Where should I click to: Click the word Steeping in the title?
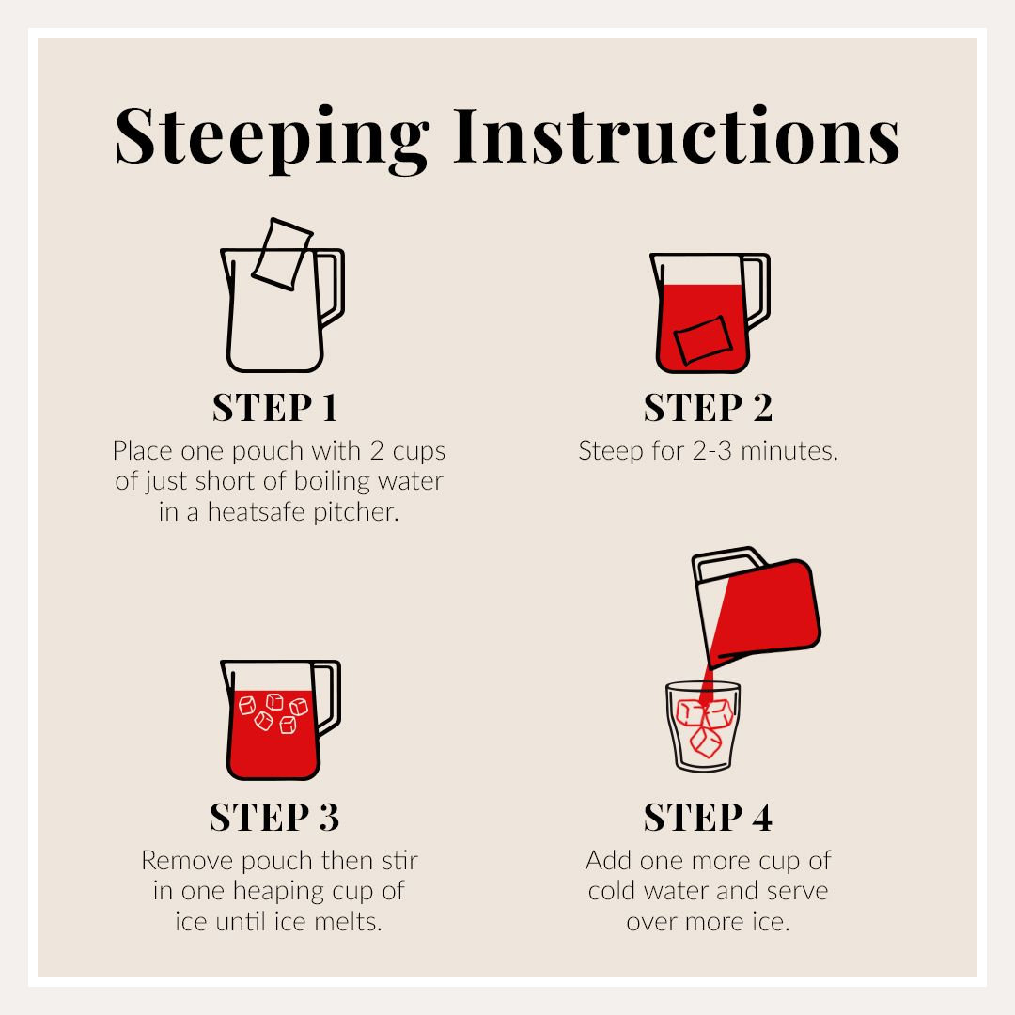coord(272,139)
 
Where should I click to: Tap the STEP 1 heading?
coord(274,407)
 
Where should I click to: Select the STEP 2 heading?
coord(708,407)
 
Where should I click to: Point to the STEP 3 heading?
coord(274,817)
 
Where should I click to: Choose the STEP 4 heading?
coord(708,817)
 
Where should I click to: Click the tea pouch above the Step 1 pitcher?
coord(282,254)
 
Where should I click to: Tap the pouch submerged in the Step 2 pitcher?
coord(703,339)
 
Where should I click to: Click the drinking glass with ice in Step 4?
coord(703,726)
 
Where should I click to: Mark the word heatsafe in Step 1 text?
coord(257,512)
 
